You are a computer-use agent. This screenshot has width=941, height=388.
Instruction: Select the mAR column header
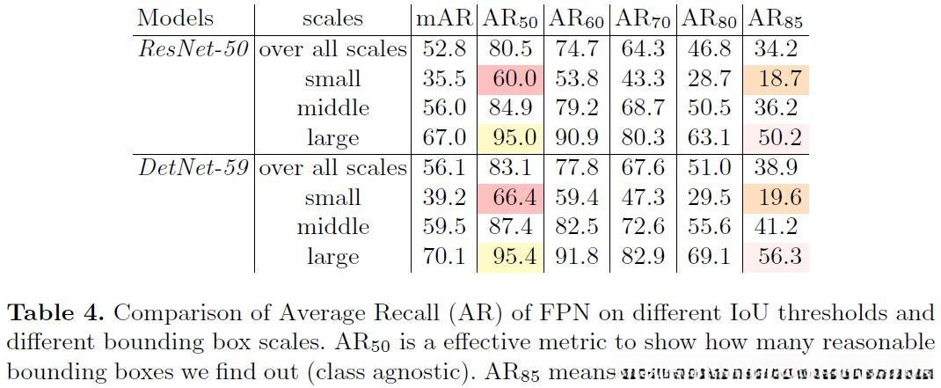[x=443, y=18]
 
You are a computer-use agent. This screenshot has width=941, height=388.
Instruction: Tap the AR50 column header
[x=512, y=18]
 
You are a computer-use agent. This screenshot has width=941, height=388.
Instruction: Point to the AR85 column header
[x=775, y=18]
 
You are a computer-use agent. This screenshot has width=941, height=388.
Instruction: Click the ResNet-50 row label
[x=193, y=49]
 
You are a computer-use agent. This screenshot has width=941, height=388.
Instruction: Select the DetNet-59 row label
[x=193, y=168]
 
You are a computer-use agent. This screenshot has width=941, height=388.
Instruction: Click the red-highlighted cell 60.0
[x=512, y=79]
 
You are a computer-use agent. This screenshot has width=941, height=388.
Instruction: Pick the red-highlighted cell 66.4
[x=512, y=198]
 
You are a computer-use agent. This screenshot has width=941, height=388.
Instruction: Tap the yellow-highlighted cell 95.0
[x=512, y=138]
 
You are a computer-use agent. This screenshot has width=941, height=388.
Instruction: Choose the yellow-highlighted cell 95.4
[x=512, y=257]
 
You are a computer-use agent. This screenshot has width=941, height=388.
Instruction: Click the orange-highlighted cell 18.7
[x=775, y=79]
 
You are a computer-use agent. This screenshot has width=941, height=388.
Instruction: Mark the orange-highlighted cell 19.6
[x=775, y=198]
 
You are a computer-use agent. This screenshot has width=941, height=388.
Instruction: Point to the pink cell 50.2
[x=775, y=138]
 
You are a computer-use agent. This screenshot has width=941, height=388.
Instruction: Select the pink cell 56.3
[x=775, y=257]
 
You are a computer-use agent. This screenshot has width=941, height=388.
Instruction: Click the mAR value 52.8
[x=443, y=49]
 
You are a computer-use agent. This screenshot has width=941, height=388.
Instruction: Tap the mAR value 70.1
[x=443, y=257]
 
